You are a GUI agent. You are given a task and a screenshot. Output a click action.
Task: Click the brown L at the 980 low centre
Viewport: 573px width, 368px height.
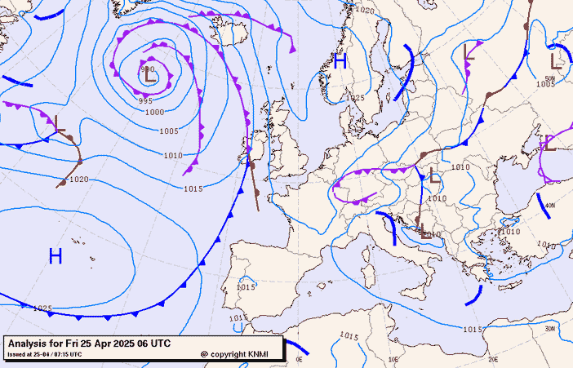(x=149, y=78)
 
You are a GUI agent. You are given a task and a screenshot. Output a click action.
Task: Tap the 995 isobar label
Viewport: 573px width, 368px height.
(x=145, y=100)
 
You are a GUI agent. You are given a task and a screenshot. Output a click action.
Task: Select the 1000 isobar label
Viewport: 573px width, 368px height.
(x=154, y=113)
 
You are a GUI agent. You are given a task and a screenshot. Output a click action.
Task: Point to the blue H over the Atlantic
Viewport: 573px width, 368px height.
(x=56, y=256)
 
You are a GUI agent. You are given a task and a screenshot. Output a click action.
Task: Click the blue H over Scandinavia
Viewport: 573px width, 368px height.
(x=340, y=60)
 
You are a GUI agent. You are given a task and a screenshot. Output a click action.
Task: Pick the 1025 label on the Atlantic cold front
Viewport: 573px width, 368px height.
(x=42, y=308)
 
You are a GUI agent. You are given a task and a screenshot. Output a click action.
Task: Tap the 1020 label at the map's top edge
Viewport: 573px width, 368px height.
(x=365, y=11)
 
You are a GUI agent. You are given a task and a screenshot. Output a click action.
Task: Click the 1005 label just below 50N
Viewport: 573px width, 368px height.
(x=545, y=84)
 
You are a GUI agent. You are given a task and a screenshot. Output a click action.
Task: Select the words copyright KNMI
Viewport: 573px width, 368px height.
(x=237, y=354)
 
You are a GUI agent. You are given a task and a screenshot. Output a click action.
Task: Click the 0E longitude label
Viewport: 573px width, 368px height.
(x=299, y=359)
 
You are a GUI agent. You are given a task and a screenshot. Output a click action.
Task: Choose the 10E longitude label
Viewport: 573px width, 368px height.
(x=393, y=359)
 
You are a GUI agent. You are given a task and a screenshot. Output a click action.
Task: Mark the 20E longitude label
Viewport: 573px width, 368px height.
(x=492, y=359)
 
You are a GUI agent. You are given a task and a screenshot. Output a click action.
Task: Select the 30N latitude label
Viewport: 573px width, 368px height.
(x=550, y=328)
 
